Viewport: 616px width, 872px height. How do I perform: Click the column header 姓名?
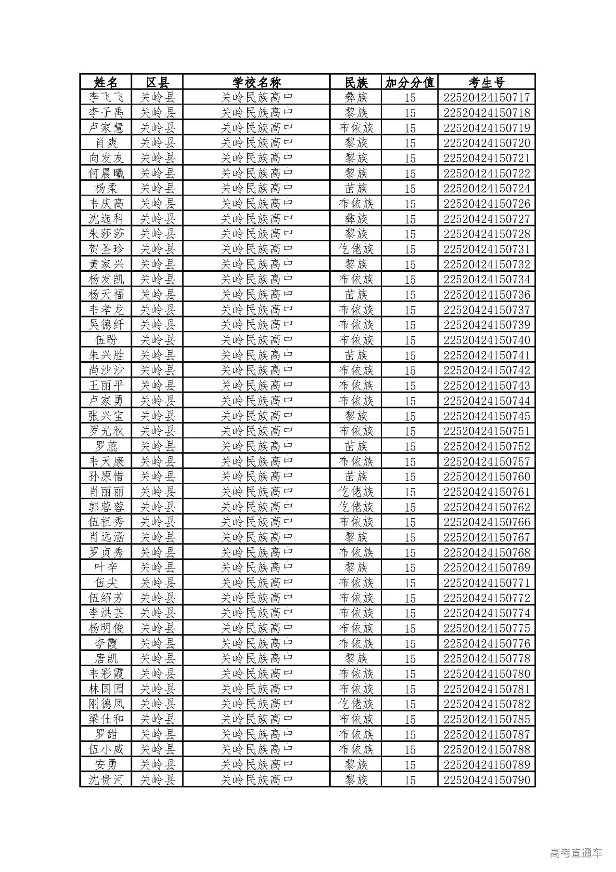(106, 82)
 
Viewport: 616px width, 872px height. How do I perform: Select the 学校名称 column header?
(257, 82)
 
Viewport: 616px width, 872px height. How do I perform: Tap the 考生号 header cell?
(487, 82)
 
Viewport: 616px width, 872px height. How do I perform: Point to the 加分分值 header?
(410, 82)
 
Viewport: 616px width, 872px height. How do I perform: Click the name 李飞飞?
(106, 97)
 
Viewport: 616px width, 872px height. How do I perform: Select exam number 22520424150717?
(487, 97)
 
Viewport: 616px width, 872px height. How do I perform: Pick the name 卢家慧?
(106, 128)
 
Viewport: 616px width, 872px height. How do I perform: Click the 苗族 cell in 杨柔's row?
(356, 188)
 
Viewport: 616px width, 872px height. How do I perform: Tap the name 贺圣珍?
(106, 249)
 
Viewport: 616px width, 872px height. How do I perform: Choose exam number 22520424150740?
(487, 340)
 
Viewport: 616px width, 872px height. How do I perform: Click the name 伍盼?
(106, 340)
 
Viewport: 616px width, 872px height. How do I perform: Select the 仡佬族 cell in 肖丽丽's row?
(356, 492)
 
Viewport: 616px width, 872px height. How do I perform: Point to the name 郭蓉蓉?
(106, 507)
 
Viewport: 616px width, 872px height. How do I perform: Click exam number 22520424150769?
(487, 568)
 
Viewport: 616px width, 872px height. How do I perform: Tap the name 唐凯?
(106, 659)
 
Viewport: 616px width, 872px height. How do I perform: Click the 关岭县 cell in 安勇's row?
(157, 765)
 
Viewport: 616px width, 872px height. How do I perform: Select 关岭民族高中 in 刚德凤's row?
(257, 704)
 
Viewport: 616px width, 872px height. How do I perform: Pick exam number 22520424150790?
(487, 780)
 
